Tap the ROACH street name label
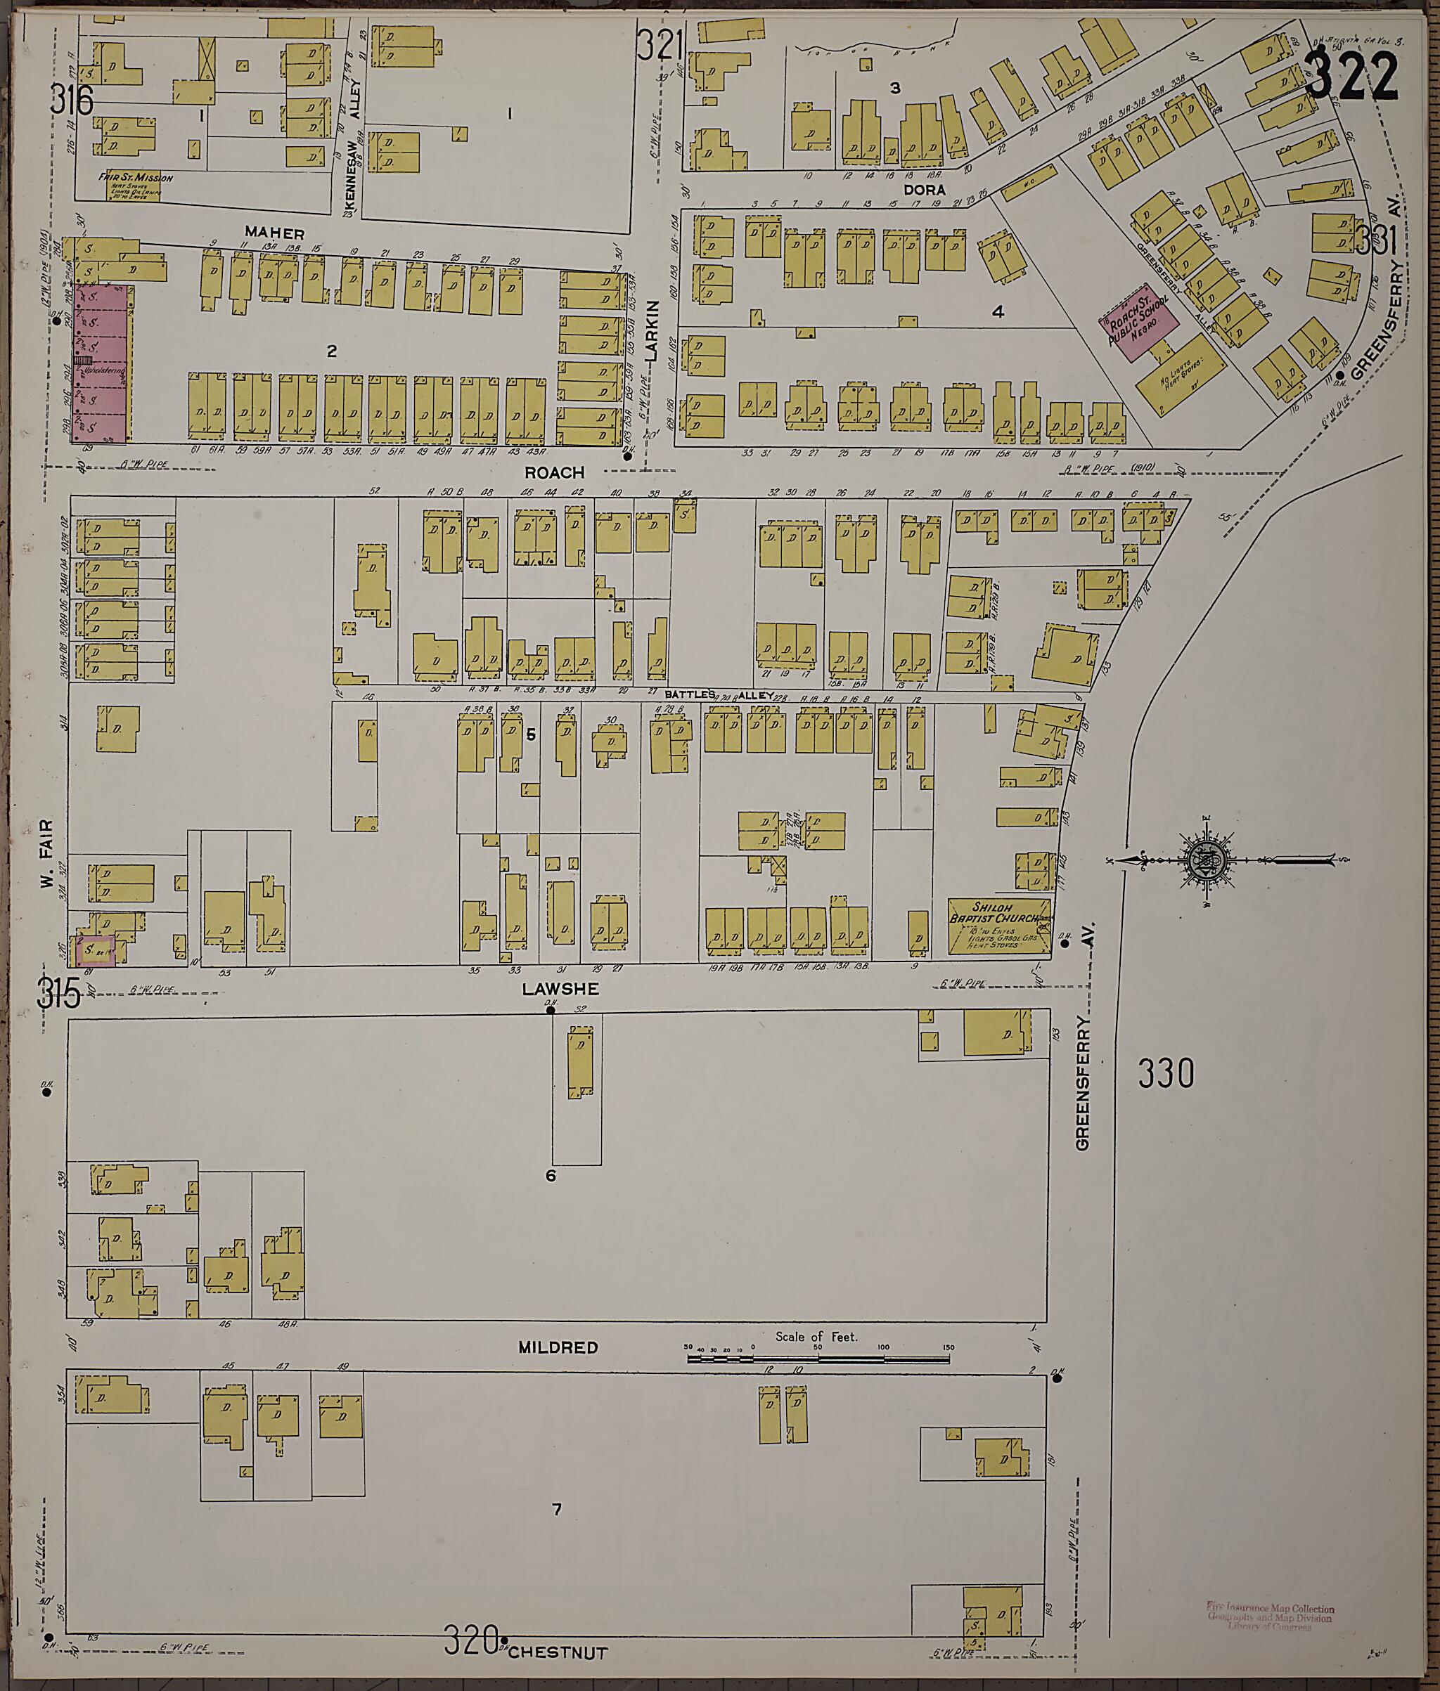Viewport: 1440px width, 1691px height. (554, 472)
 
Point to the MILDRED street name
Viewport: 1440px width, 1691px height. (558, 1347)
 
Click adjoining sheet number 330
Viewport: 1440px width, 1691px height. (1166, 1073)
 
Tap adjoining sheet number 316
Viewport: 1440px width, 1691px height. (72, 101)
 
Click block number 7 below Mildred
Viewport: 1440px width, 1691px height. (557, 1510)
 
